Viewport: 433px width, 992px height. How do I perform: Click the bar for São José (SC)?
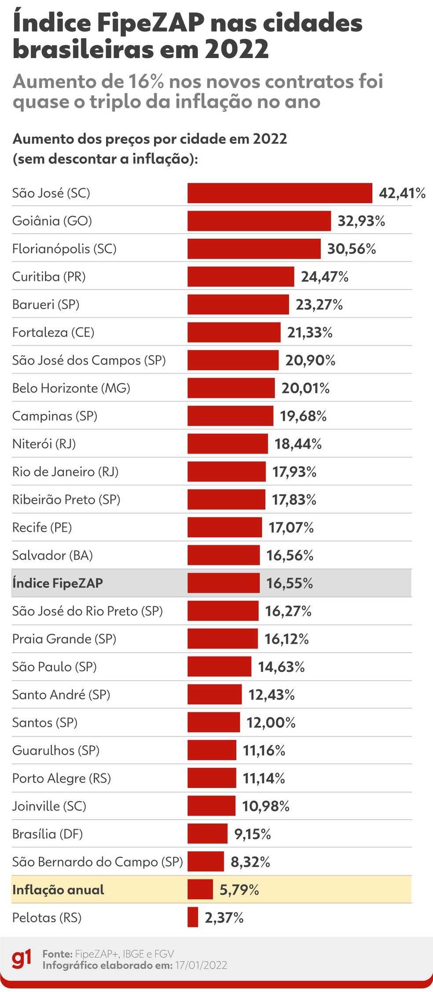click(x=280, y=193)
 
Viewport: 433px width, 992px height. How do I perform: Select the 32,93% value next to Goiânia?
click(x=361, y=221)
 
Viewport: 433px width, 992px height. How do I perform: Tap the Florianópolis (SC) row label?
click(x=64, y=249)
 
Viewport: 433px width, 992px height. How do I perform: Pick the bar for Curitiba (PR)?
click(x=241, y=277)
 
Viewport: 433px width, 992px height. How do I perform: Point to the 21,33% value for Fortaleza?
click(x=309, y=332)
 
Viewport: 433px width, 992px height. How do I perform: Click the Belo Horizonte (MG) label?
click(x=71, y=388)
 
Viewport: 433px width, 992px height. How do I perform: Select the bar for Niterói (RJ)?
click(x=228, y=444)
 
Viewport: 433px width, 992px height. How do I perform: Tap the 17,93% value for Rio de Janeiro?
click(x=294, y=472)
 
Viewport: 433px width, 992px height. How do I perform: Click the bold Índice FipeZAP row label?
click(x=58, y=583)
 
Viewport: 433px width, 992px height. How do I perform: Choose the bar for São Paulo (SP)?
click(x=219, y=667)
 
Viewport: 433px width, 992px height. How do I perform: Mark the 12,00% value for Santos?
click(x=271, y=722)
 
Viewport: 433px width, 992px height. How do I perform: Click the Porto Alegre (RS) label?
click(x=62, y=778)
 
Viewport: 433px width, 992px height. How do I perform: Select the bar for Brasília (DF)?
click(x=207, y=834)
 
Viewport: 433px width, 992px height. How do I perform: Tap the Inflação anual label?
click(x=58, y=890)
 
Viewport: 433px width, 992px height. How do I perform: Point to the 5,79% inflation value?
click(x=239, y=890)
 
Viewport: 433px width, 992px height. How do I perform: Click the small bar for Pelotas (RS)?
click(x=193, y=917)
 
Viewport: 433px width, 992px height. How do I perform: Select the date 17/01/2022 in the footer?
click(x=201, y=965)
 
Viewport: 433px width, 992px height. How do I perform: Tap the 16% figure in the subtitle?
click(x=146, y=81)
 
